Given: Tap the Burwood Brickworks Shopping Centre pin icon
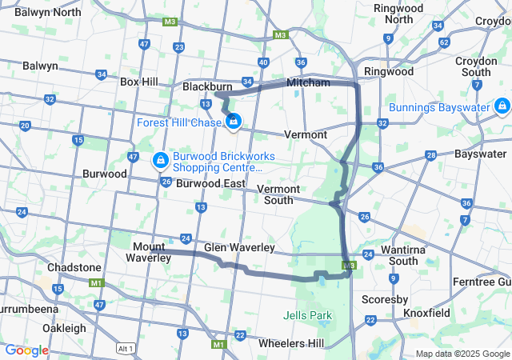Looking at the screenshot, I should (x=161, y=161).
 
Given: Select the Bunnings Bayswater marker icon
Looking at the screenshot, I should (x=502, y=106).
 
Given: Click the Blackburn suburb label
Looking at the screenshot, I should (x=207, y=86).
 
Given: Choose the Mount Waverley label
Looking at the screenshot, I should (x=149, y=252).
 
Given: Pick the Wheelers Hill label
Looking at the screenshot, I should (x=291, y=343).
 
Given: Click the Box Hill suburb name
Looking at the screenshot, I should (x=139, y=82).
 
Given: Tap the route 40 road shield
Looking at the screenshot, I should (x=263, y=62).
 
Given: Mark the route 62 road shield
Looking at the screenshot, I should (x=444, y=42).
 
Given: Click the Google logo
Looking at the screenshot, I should (x=26, y=350).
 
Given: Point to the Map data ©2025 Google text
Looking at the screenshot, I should (x=462, y=354).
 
